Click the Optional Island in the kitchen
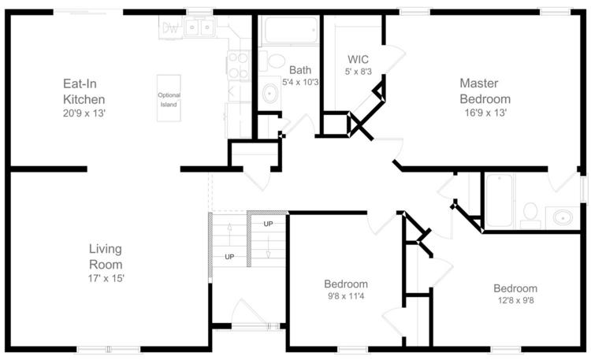pyautogui.click(x=169, y=98)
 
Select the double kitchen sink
pyautogui.click(x=199, y=27)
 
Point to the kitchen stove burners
pyautogui.click(x=238, y=65)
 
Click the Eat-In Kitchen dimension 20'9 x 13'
pyautogui.click(x=84, y=113)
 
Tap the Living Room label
pyautogui.click(x=106, y=256)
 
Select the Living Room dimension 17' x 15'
pyautogui.click(x=106, y=279)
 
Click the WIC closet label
pyautogui.click(x=358, y=60)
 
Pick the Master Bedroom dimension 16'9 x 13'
pyautogui.click(x=485, y=113)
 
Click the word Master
pyautogui.click(x=479, y=83)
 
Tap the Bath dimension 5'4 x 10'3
pyautogui.click(x=300, y=82)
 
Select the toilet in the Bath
pyautogui.click(x=272, y=61)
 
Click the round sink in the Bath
pyautogui.click(x=269, y=93)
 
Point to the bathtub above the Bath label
pyautogui.click(x=290, y=30)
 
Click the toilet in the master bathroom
pyautogui.click(x=530, y=215)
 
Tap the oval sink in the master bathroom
pyautogui.click(x=563, y=217)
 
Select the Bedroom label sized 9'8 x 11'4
pyautogui.click(x=346, y=284)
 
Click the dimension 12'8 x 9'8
pyautogui.click(x=515, y=300)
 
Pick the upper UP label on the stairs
pyautogui.click(x=268, y=224)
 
